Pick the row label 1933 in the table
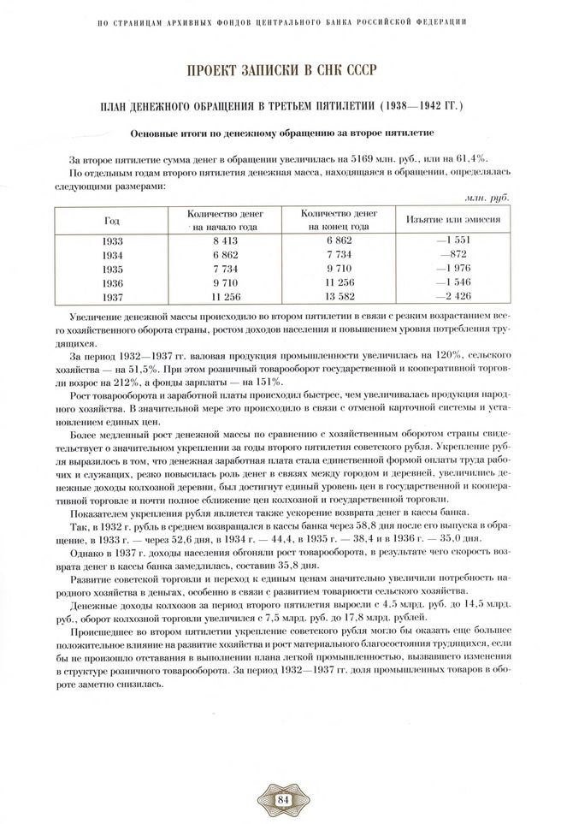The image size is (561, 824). (x=112, y=241)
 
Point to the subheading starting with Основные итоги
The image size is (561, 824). (x=280, y=133)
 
